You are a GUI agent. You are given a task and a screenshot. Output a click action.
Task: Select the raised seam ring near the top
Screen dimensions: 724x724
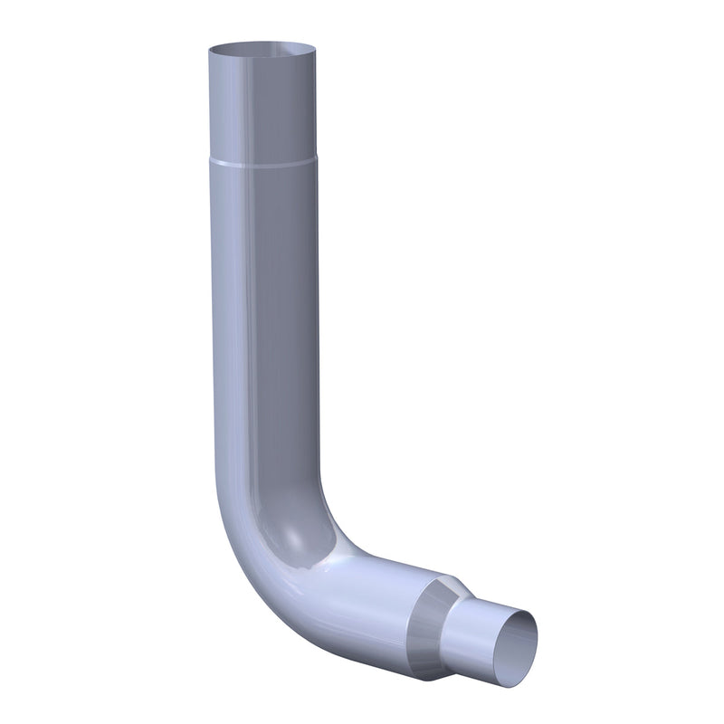262,164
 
